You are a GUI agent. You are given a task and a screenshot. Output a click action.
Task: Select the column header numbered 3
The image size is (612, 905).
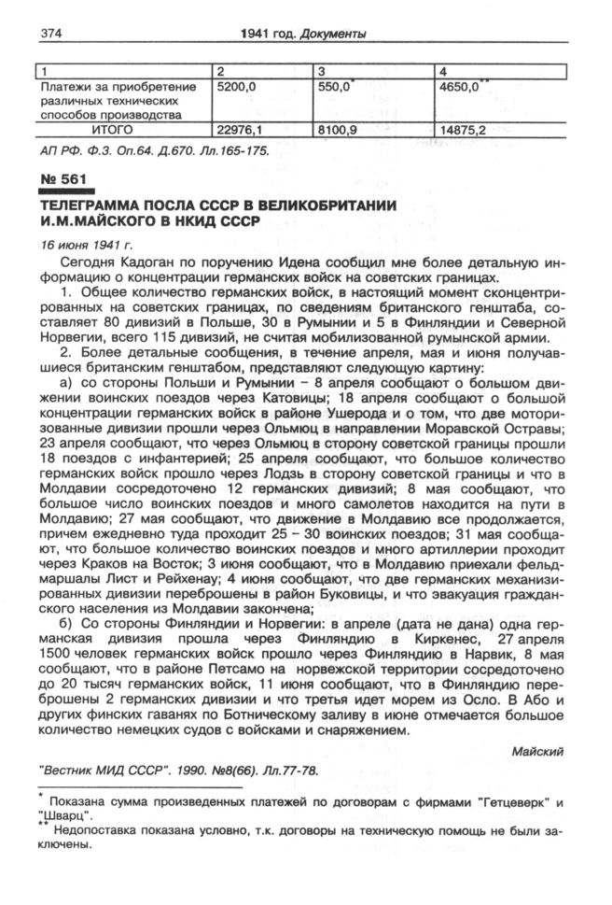pos(321,70)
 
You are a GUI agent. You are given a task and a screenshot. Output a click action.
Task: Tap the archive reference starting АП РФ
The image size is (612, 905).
pos(153,149)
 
